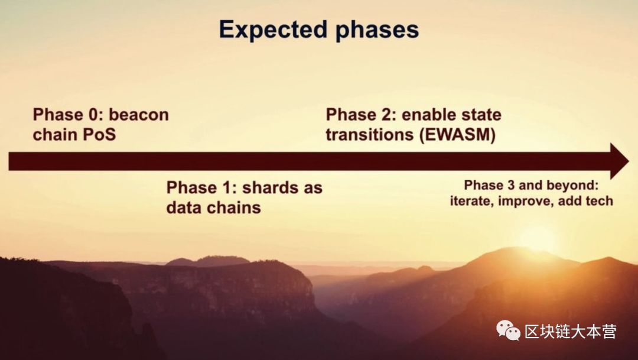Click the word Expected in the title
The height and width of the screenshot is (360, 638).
pyautogui.click(x=273, y=30)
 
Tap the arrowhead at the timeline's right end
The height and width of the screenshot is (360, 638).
pyautogui.click(x=619, y=161)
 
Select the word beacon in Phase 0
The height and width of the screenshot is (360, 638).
pyautogui.click(x=139, y=115)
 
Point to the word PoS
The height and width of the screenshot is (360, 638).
pyautogui.click(x=99, y=134)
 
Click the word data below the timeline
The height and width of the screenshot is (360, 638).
pyautogui.click(x=183, y=207)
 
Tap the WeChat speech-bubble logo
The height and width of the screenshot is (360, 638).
pyautogui.click(x=508, y=330)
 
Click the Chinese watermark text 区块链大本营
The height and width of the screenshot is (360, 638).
pyautogui.click(x=571, y=331)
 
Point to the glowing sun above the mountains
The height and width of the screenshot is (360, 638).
pyautogui.click(x=536, y=238)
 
